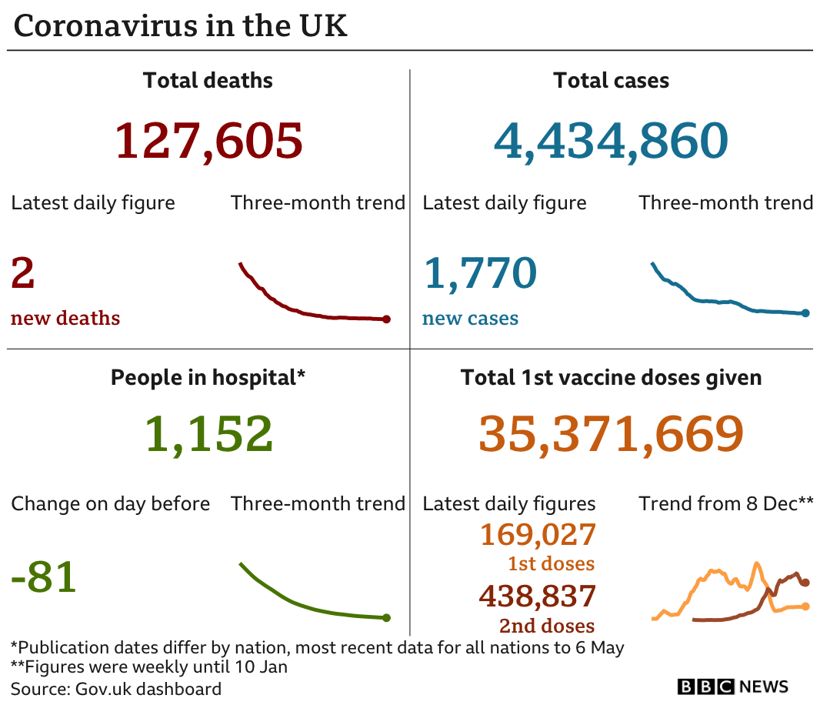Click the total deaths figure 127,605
pyautogui.click(x=208, y=141)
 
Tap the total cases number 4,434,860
pyautogui.click(x=611, y=141)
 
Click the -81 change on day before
pyautogui.click(x=44, y=576)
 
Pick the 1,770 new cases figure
pyautogui.click(x=479, y=273)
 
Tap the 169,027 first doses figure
pyautogui.click(x=538, y=534)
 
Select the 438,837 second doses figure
pyautogui.click(x=538, y=596)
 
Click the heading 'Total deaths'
pyautogui.click(x=208, y=81)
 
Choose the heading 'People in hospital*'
pyautogui.click(x=208, y=377)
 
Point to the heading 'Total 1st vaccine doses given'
pyautogui.click(x=611, y=377)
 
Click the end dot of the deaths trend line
pyautogui.click(x=386, y=319)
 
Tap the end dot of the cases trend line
pyautogui.click(x=805, y=313)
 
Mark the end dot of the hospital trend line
pyautogui.click(x=386, y=617)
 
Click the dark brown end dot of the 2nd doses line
pyautogui.click(x=805, y=583)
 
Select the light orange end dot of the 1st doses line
pyautogui.click(x=805, y=606)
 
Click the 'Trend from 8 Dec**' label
pyautogui.click(x=725, y=504)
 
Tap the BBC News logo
pyautogui.click(x=732, y=687)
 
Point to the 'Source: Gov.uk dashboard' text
pyautogui.click(x=116, y=688)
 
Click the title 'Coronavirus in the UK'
pyautogui.click(x=181, y=26)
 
